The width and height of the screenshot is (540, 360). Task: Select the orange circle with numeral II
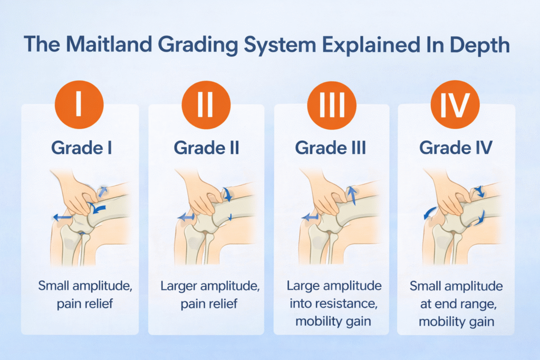point(205,103)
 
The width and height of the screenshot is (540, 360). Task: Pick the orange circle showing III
point(331,103)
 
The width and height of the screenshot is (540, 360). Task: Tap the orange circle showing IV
point(455,103)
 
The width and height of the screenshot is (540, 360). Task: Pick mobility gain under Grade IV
point(456,320)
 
